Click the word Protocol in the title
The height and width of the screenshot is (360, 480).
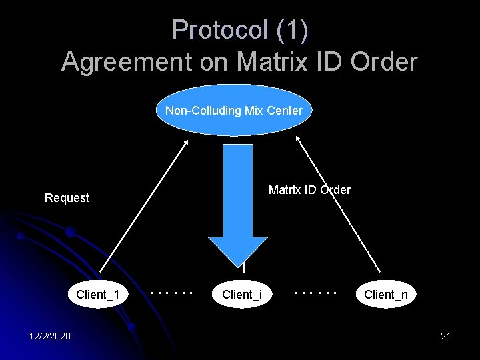(210, 29)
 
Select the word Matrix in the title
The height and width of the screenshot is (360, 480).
(265, 61)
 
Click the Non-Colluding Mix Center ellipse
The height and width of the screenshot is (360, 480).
(233, 110)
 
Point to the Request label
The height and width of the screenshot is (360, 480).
(67, 197)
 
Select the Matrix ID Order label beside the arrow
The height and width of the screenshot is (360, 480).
(309, 190)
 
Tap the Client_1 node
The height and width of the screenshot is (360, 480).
(102, 294)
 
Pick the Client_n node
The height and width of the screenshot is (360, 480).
(386, 294)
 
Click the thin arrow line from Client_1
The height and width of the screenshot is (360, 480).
(143, 207)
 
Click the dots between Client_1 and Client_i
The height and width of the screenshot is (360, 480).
(172, 291)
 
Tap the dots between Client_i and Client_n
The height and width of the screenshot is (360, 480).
(315, 291)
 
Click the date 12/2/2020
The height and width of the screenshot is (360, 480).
(49, 336)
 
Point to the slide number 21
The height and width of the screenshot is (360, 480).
(445, 336)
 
